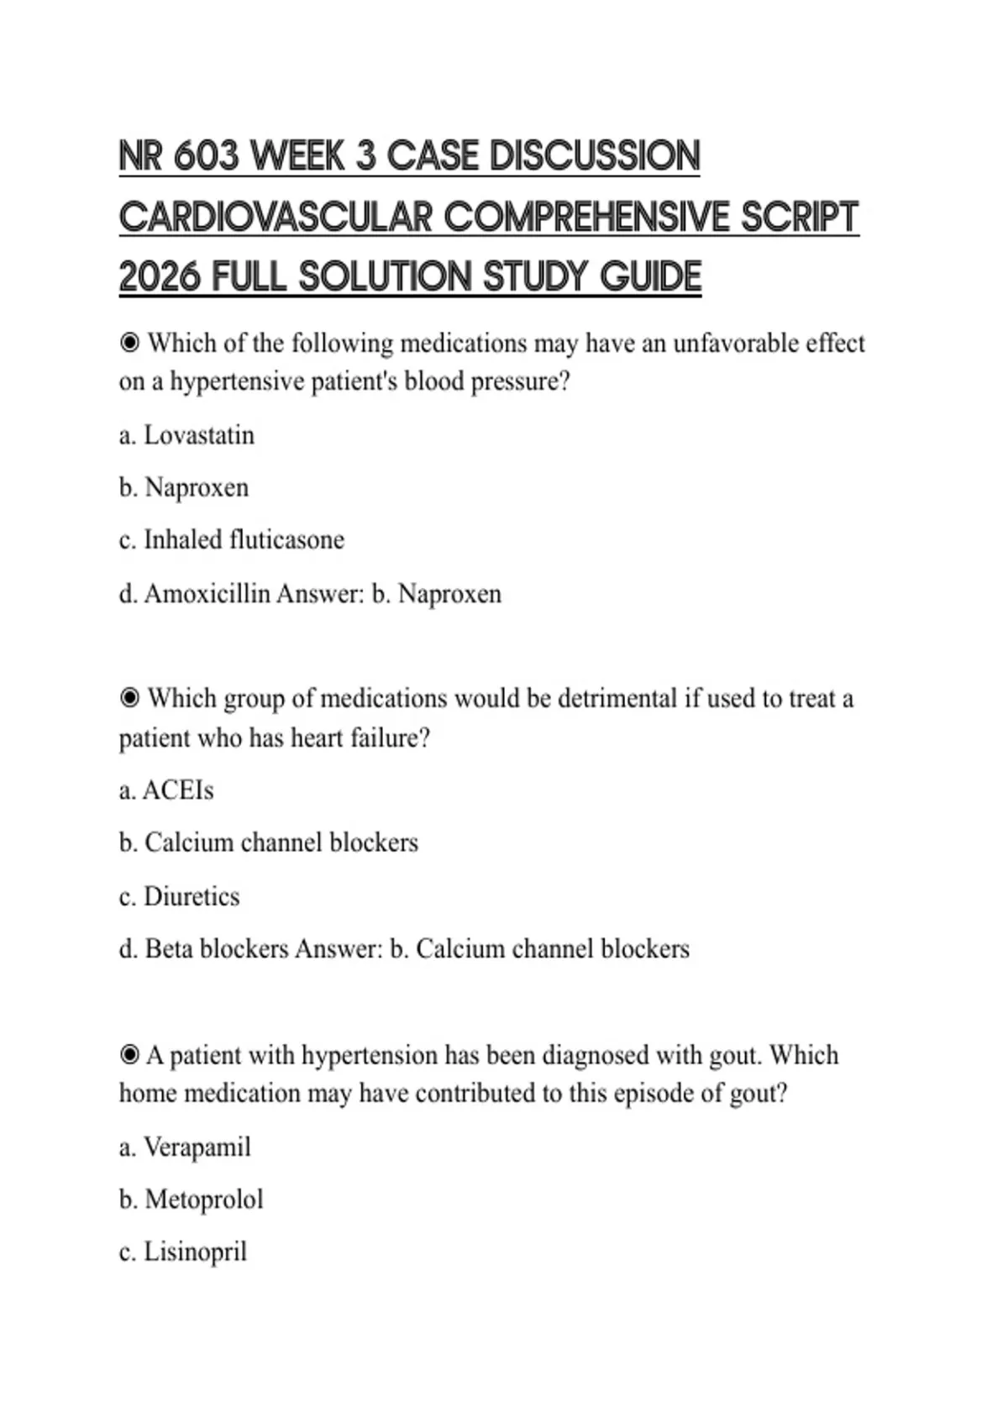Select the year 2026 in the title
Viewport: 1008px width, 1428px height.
tap(160, 277)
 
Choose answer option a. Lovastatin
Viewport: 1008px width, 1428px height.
tap(186, 435)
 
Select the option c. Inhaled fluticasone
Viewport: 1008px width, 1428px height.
tap(232, 539)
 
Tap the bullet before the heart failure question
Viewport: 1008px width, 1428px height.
tap(129, 698)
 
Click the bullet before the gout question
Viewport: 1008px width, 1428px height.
tap(129, 1055)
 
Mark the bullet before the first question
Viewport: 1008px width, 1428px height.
tap(129, 343)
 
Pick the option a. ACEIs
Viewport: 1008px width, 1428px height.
tap(166, 790)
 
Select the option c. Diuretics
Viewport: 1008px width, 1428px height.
tap(179, 896)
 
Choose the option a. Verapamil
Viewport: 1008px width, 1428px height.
tap(185, 1147)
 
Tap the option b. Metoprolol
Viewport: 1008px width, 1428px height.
tap(191, 1199)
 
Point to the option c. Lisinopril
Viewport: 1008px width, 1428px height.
tap(183, 1252)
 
